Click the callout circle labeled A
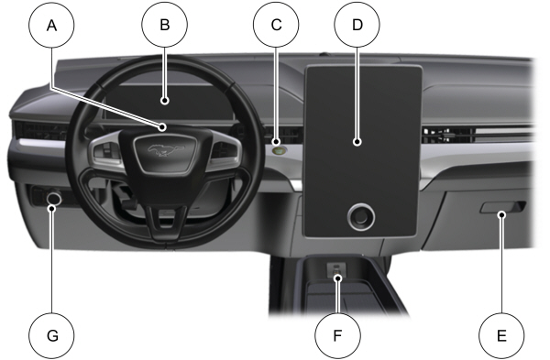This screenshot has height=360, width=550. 52,27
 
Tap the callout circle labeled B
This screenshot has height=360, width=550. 165,27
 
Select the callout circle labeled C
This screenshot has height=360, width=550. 275,27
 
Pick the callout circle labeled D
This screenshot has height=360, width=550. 358,27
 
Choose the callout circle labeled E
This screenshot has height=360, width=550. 501,335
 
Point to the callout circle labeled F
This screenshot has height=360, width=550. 336,335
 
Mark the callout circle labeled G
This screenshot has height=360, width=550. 52,335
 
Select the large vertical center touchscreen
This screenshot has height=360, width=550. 360,137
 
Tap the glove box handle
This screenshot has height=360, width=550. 500,214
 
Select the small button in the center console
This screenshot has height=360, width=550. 336,267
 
